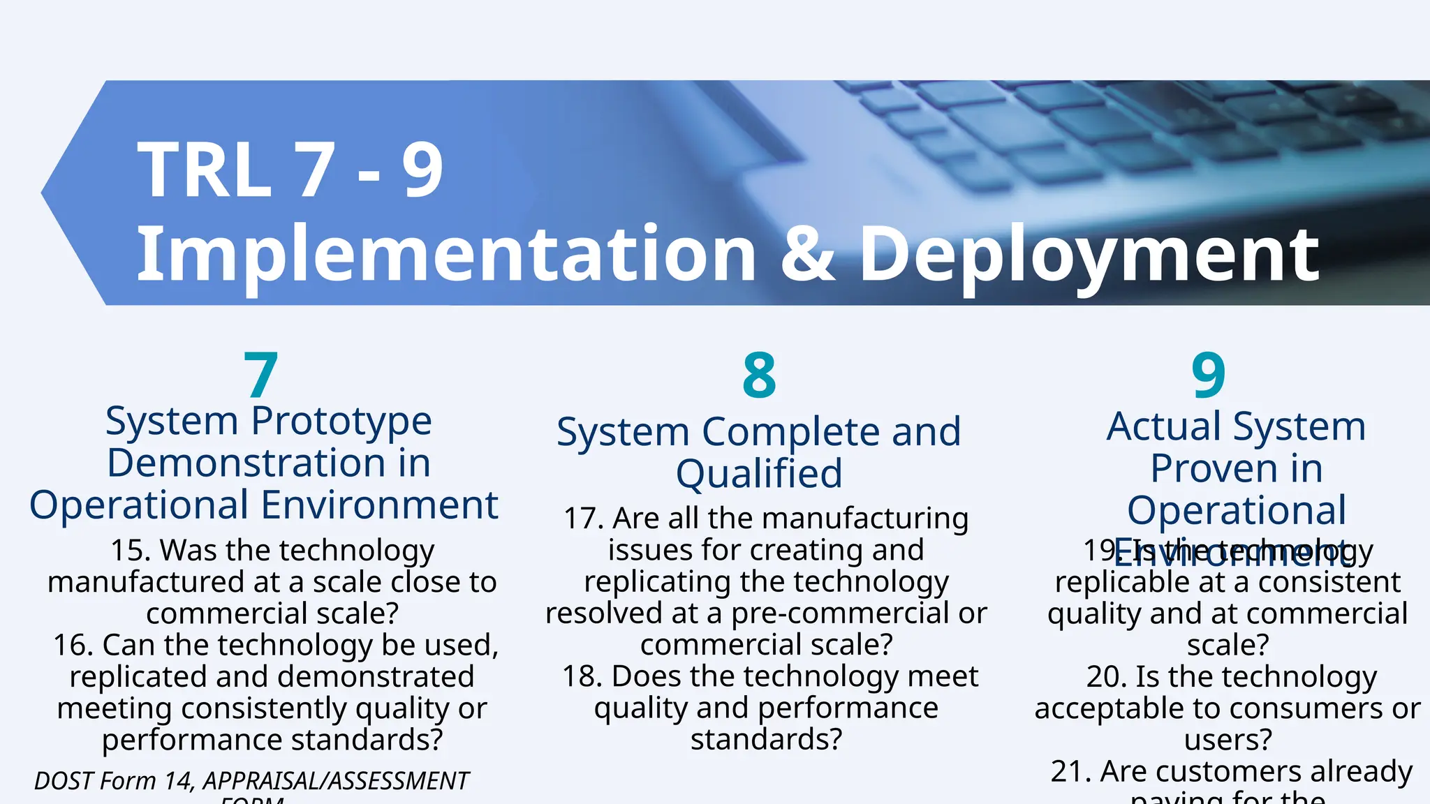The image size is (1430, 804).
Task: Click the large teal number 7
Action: click(x=261, y=375)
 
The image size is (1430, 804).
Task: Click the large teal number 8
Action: click(x=759, y=375)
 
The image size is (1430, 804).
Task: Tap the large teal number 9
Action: click(x=1208, y=375)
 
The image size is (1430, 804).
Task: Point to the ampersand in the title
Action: click(x=808, y=254)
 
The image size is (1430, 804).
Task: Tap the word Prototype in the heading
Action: click(x=341, y=422)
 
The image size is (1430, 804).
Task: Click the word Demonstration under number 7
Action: click(x=244, y=463)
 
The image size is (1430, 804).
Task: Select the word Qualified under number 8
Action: click(x=759, y=473)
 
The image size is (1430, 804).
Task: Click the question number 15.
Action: click(x=130, y=550)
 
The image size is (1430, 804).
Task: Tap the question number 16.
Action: click(x=73, y=645)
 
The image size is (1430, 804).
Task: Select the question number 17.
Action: click(x=583, y=519)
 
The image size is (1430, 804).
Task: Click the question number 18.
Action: click(x=582, y=676)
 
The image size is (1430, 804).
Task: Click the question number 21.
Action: click(x=1070, y=771)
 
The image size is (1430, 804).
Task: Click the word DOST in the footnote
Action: click(x=64, y=781)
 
